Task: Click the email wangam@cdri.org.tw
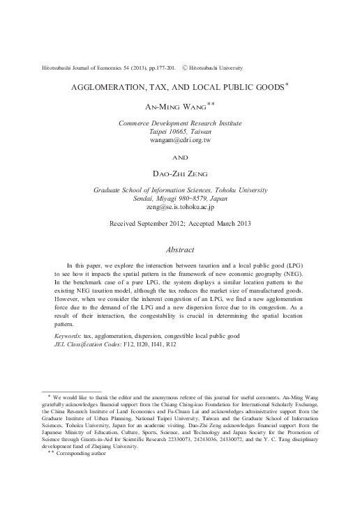pyautogui.click(x=180, y=141)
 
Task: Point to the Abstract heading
pyautogui.click(x=180, y=249)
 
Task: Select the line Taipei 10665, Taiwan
pyautogui.click(x=180, y=132)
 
